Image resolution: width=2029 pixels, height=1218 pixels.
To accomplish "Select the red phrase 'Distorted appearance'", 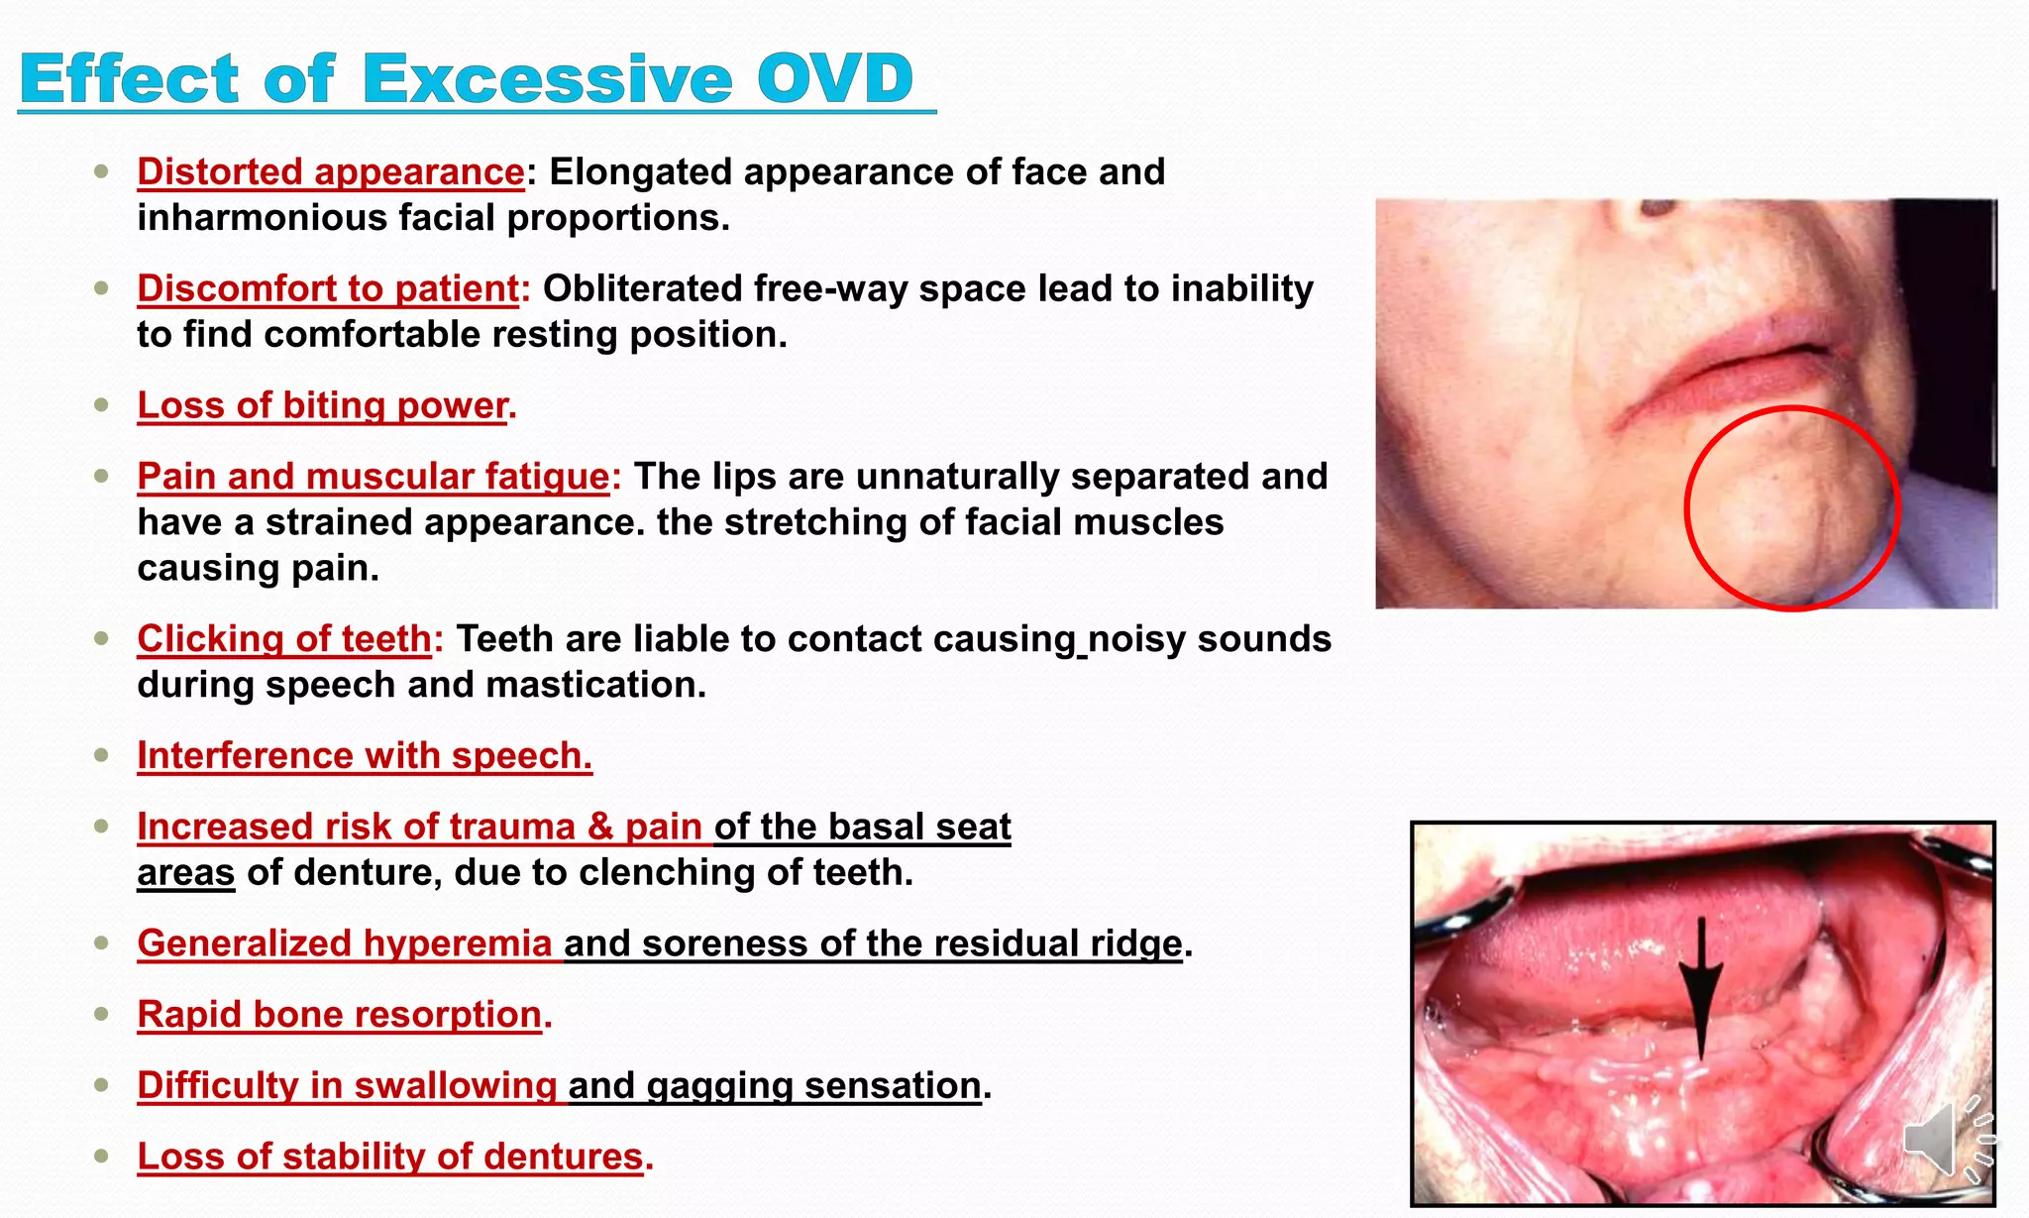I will pos(331,171).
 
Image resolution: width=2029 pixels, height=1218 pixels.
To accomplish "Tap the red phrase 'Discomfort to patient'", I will pos(328,288).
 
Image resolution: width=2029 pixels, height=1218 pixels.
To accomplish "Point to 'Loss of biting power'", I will pos(323,405).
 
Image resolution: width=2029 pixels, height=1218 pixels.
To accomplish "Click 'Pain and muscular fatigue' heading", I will pos(373,476).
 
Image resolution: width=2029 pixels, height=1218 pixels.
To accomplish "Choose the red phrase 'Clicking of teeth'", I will pos(284,639).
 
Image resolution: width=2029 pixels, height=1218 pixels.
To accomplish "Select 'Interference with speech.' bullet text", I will pos(365,755).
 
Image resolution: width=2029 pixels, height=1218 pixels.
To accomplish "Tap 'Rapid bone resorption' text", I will pos(340,1014).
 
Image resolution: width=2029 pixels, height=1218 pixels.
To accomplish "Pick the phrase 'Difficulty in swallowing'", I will pos(347,1085).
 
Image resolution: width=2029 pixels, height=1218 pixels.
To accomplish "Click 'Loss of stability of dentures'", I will pos(390,1157).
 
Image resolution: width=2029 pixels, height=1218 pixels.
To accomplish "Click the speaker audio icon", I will pos(1946,1140).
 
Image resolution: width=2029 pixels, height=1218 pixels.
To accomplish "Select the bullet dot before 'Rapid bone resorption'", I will pos(101,1014).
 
